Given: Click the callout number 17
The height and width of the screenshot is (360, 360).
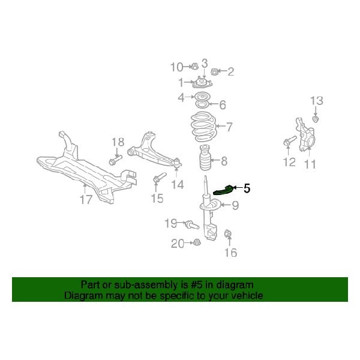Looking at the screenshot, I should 86,200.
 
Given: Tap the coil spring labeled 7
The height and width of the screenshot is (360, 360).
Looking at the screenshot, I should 203,126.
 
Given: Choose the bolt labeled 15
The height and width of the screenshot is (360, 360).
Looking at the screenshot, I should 158,179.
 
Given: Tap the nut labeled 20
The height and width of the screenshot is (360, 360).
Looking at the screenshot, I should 196,243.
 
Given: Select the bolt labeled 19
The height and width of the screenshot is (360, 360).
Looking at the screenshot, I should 191,226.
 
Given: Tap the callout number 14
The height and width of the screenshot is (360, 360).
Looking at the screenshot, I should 177,185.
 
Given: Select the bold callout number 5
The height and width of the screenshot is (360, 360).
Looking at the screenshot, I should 247,188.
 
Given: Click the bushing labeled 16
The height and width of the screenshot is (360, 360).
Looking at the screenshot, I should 228,233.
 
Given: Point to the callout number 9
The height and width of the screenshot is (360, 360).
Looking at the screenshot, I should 235,206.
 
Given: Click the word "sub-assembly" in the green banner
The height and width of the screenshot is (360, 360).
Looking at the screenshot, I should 133,285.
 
